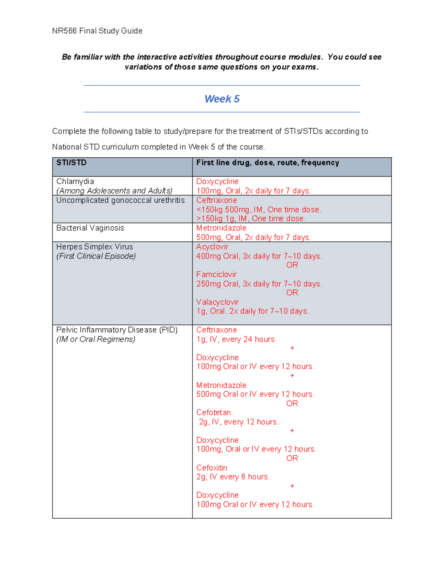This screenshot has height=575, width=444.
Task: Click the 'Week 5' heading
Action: [222, 99]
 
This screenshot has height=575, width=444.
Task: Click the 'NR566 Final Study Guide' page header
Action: [97, 31]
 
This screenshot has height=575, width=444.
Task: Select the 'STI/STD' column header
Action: [71, 163]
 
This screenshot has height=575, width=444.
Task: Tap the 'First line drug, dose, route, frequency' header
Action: [268, 163]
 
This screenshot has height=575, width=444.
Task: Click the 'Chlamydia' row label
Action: [75, 181]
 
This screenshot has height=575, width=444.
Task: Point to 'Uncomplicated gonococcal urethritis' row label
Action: [120, 200]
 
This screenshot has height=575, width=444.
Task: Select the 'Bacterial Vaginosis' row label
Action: [90, 228]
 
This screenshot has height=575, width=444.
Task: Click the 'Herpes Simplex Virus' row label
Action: [94, 247]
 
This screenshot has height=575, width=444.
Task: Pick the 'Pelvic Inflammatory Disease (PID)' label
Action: [117, 330]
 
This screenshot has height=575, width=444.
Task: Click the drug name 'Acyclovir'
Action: [212, 247]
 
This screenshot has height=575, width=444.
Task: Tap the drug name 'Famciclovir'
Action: [216, 274]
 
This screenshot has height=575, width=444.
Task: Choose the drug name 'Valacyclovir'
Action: [217, 302]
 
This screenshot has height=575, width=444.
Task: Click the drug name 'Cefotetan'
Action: [214, 412]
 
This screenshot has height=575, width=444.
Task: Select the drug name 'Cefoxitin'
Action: [212, 468]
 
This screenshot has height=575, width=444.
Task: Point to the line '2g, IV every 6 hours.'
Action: [233, 477]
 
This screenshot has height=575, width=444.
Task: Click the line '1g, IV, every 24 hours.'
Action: [236, 339]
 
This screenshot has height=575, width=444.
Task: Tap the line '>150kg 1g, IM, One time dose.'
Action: [251, 218]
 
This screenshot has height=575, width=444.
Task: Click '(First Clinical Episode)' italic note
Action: [96, 256]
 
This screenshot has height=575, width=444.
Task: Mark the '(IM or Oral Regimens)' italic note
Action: [95, 339]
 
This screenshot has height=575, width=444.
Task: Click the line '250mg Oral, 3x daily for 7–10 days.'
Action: [259, 284]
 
